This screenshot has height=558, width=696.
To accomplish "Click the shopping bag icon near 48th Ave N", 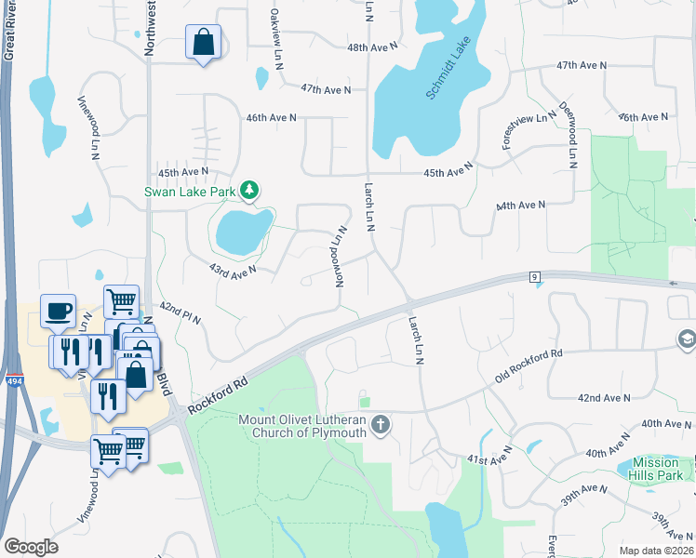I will [203, 43].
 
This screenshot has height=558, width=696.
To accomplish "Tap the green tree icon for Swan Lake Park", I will [248, 192].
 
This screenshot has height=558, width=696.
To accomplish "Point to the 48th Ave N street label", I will [371, 46].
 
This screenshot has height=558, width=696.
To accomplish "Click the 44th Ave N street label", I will [521, 205].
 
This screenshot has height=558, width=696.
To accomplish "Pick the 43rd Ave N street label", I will [232, 269].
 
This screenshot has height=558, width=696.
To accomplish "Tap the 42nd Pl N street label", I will [180, 312].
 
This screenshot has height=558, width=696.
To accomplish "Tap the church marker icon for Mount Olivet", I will [380, 426].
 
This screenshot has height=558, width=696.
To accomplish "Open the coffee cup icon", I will [58, 311].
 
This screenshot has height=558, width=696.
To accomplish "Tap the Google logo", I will [30, 546].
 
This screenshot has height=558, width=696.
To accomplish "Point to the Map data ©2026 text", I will [655, 550].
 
